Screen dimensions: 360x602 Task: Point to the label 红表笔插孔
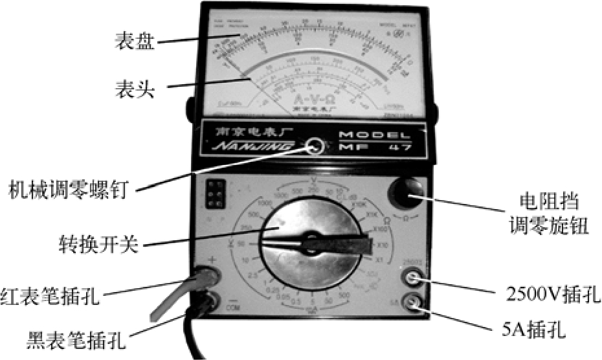pyautogui.click(x=51, y=298)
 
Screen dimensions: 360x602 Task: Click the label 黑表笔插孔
pyautogui.click(x=77, y=337)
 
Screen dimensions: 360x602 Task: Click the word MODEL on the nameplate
pyautogui.click(x=374, y=135)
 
